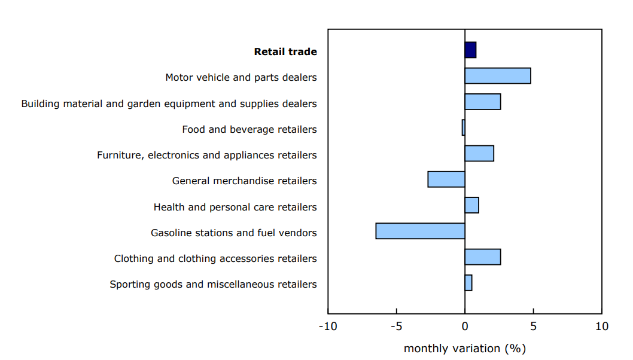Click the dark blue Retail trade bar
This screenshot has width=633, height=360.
click(470, 50)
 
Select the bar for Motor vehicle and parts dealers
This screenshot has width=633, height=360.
click(498, 76)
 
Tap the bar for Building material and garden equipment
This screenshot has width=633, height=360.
click(483, 102)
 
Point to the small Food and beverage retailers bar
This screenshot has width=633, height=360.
click(463, 127)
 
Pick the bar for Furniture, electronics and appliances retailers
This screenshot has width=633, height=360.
click(479, 154)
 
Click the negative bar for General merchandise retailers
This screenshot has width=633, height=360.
click(446, 179)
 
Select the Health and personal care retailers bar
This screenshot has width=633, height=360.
click(471, 205)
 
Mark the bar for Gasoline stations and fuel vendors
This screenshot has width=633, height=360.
click(421, 231)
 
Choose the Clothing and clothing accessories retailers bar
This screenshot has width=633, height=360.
click(483, 257)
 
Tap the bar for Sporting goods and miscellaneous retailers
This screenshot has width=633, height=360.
click(468, 283)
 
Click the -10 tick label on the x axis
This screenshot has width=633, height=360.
click(328, 327)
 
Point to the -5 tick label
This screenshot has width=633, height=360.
click(396, 327)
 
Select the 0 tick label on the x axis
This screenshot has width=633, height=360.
click(465, 327)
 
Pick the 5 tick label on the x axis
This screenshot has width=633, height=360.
click(533, 327)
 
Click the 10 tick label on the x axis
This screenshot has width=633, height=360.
click(601, 327)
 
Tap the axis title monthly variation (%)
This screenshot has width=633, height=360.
click(465, 348)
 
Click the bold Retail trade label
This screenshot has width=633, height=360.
click(285, 52)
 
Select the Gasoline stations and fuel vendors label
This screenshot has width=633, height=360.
click(233, 233)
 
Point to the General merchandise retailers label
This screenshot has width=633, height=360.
click(244, 181)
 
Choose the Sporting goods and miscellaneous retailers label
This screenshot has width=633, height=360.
click(213, 285)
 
